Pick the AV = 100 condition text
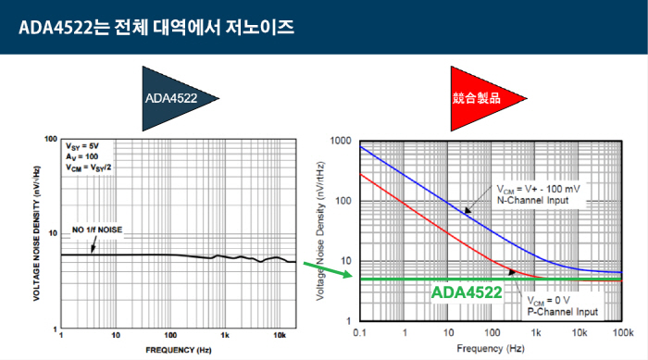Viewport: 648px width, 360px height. click(x=80, y=156)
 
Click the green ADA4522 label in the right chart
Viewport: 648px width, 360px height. click(x=467, y=293)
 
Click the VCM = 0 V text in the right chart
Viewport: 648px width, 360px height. click(x=549, y=300)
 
